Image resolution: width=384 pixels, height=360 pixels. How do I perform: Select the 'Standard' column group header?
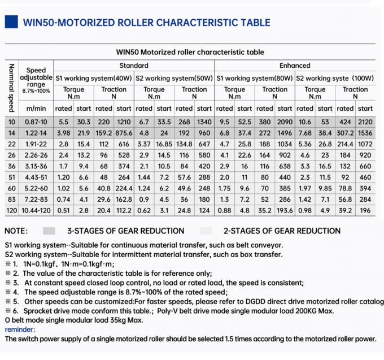coord(134,66)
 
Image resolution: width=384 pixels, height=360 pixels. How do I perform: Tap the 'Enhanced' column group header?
coord(295,66)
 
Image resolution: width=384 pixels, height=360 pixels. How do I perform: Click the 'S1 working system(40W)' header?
coord(94,77)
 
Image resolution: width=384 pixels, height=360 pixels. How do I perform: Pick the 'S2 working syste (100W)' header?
coord(335,77)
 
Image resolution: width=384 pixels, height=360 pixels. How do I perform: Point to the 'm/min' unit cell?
coord(37,108)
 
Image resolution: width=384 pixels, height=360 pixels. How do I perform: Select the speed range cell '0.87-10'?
coord(37,122)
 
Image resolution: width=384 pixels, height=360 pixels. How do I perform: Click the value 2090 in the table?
coord(285,122)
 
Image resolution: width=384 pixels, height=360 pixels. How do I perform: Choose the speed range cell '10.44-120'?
coord(37,211)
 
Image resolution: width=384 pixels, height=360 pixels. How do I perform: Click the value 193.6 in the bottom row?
coord(285,211)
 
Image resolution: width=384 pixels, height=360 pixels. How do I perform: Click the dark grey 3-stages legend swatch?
coord(49,231)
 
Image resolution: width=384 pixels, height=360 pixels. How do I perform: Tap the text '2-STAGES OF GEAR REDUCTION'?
coord(282,231)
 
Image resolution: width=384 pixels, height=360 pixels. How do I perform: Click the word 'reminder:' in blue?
coord(20,329)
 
